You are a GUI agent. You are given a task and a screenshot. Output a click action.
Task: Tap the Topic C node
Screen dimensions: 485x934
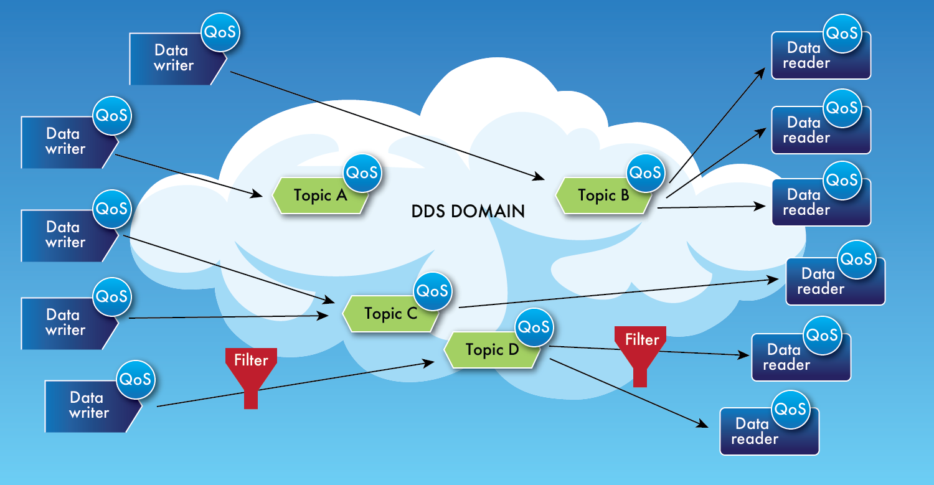click(390, 314)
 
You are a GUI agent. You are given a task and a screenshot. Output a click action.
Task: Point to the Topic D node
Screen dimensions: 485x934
click(491, 350)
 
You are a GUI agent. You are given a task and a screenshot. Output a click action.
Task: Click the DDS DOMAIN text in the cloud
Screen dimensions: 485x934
click(468, 212)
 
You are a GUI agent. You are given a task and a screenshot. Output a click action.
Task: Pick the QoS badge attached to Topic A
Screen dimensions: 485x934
click(362, 172)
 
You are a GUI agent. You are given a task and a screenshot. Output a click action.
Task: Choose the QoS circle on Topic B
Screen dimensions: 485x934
click(645, 172)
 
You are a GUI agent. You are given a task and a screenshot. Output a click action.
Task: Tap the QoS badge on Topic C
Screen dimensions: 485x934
click(432, 291)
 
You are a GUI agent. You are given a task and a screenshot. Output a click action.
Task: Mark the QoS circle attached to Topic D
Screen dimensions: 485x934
click(534, 327)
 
